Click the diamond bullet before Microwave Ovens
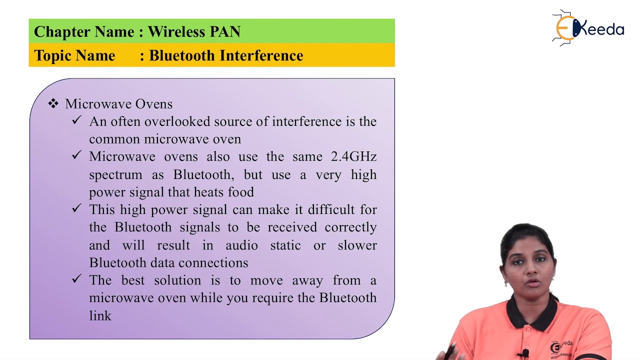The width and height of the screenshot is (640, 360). (x=53, y=103)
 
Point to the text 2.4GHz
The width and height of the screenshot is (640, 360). (x=353, y=156)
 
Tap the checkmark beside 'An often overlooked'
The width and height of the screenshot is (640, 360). (x=76, y=120)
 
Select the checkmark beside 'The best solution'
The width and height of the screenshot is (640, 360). (x=76, y=279)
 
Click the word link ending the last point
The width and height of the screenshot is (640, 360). (x=100, y=315)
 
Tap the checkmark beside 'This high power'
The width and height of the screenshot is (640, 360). (x=76, y=208)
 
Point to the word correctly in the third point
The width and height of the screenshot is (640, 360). (x=350, y=227)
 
